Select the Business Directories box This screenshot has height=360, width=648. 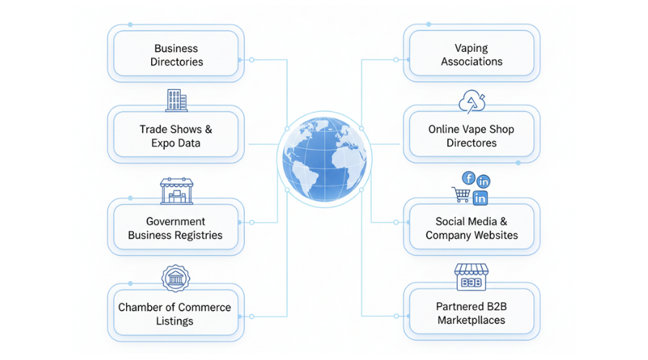tap(176, 55)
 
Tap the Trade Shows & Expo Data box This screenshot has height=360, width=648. tap(176, 136)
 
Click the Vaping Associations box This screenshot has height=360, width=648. tap(472, 55)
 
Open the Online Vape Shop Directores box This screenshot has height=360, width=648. tap(472, 136)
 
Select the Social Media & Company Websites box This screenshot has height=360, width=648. tap(472, 228)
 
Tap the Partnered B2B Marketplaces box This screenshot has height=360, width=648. tap(472, 313)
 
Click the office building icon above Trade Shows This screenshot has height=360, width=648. tap(176, 100)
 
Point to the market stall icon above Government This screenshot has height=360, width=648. tap(176, 192)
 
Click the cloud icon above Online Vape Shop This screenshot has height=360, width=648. tap(472, 102)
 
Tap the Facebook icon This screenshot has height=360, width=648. tap(468, 178)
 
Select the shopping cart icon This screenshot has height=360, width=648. tap(460, 194)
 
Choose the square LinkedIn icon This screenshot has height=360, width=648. tap(480, 197)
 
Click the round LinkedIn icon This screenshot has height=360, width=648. tap(484, 181)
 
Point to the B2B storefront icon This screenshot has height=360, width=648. tap(472, 276)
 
